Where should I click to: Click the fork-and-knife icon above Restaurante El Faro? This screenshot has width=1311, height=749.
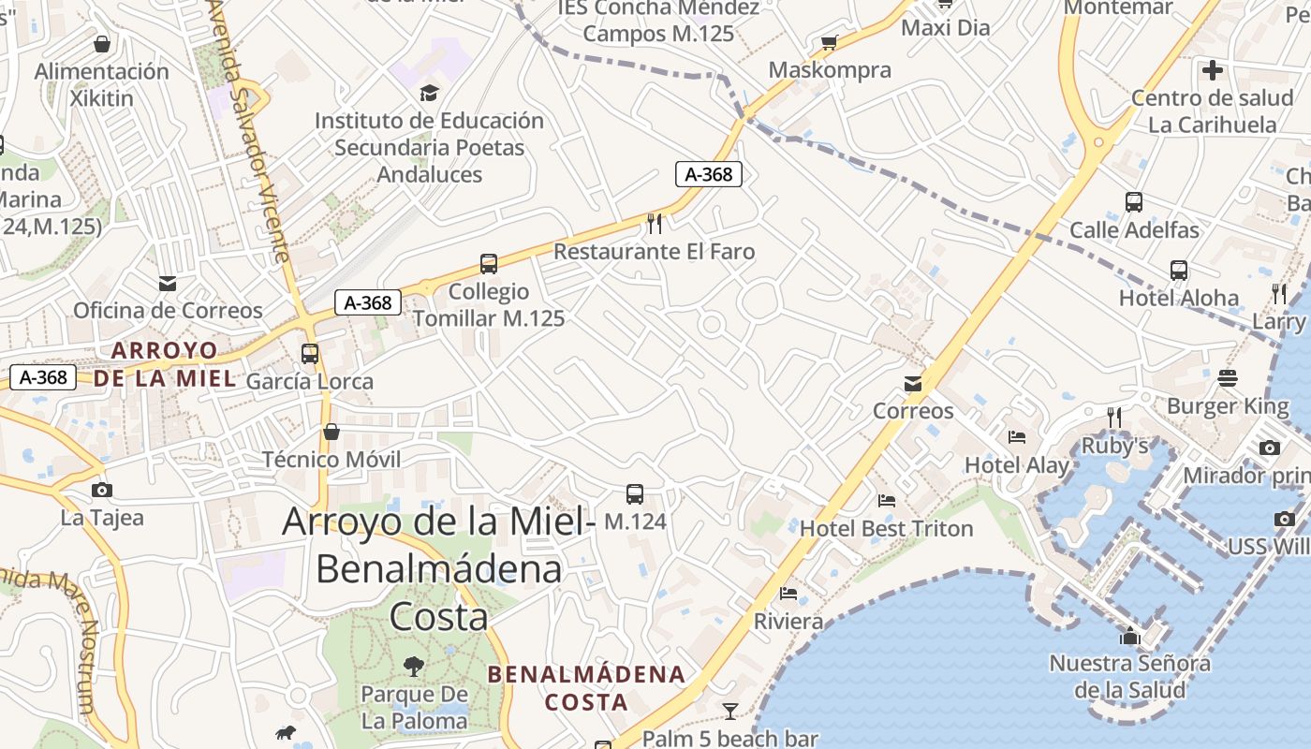655,223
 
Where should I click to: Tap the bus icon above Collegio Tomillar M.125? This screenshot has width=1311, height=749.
488,264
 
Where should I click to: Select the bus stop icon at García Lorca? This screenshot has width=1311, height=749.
310,354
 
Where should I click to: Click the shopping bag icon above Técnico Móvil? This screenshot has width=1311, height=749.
331,432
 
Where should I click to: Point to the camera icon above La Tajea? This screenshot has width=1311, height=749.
102,490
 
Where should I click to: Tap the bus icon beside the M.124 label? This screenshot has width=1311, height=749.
634,494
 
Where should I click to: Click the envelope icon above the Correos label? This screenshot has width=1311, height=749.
913,384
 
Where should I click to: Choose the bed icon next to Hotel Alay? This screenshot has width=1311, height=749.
1017,436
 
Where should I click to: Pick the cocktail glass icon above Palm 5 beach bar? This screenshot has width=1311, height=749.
730,712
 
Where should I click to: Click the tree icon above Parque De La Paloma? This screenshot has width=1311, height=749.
413,667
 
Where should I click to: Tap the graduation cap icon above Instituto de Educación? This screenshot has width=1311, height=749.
429,93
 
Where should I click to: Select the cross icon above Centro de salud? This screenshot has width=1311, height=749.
1213,70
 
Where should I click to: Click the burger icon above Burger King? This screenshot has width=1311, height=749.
1228,378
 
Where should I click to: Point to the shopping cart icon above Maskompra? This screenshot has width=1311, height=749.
829,42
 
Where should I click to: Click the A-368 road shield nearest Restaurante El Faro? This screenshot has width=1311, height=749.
709,174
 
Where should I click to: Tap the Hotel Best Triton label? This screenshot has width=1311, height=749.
886,528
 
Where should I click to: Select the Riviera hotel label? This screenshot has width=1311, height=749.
788,622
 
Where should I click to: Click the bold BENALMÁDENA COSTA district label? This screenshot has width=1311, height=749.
587,688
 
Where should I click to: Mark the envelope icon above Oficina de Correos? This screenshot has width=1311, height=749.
168,284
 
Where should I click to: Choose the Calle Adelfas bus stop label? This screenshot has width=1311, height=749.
1134,229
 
